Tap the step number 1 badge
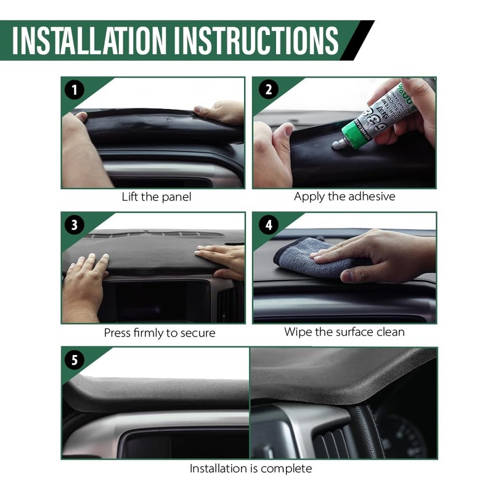tap(75, 90)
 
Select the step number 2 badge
tap(268, 90)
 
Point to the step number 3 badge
tap(75, 226)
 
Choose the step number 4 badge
tap(268, 226)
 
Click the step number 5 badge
tap(75, 361)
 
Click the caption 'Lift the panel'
tap(156, 197)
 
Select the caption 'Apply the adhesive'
tap(344, 197)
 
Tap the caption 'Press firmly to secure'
tap(160, 333)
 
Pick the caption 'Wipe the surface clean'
tap(344, 332)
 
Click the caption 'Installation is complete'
tap(250, 469)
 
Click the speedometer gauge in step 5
tap(403, 434)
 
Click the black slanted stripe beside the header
tap(357, 40)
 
